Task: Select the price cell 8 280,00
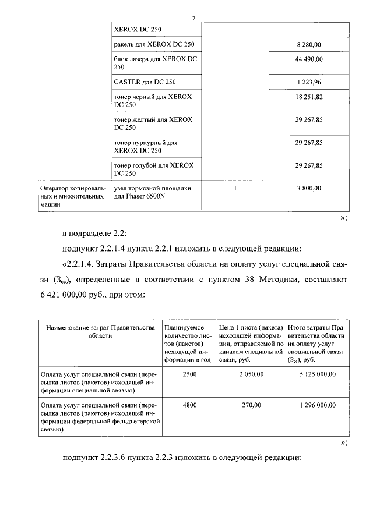pyautogui.click(x=308, y=44)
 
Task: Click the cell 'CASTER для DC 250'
pyautogui.click(x=145, y=82)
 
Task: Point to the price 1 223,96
pyautogui.click(x=308, y=82)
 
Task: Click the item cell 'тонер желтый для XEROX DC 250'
pyautogui.click(x=152, y=123)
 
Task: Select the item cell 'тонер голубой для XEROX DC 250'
pyautogui.click(x=153, y=169)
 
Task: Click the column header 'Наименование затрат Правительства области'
pyautogui.click(x=97, y=332)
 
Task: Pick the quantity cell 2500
pyautogui.click(x=189, y=374)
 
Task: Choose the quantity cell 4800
pyautogui.click(x=189, y=404)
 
